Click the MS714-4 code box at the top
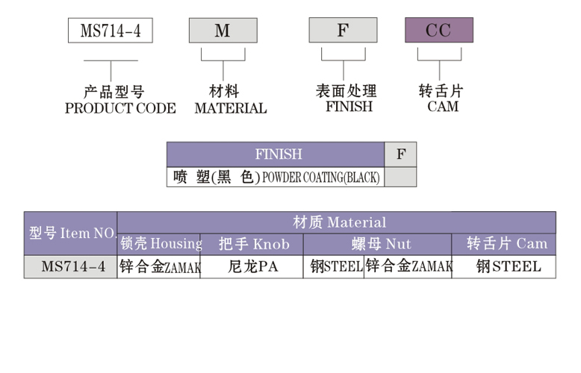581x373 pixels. coord(111,31)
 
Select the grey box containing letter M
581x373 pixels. coord(223,31)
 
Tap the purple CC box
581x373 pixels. coord(439,30)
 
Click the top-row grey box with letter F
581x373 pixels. coord(343,30)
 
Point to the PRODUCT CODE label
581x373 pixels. coord(120,108)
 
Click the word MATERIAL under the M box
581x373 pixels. coord(231,108)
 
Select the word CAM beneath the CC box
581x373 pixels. coord(443,107)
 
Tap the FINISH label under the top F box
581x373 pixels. coord(349,107)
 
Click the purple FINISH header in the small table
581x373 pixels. coord(276,154)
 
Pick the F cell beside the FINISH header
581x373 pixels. coord(400,154)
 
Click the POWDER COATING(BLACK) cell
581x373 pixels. coord(276,177)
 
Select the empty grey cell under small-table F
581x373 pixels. coord(400,177)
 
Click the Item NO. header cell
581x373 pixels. coord(71,233)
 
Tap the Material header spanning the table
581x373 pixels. coord(337,222)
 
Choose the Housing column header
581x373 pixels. coord(158,244)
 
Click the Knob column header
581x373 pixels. coord(252,244)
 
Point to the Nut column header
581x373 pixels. coord(377,244)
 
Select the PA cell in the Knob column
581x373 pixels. coord(252,267)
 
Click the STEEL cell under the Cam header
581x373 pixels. coord(504,267)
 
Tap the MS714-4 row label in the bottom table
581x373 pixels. coord(71,267)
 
